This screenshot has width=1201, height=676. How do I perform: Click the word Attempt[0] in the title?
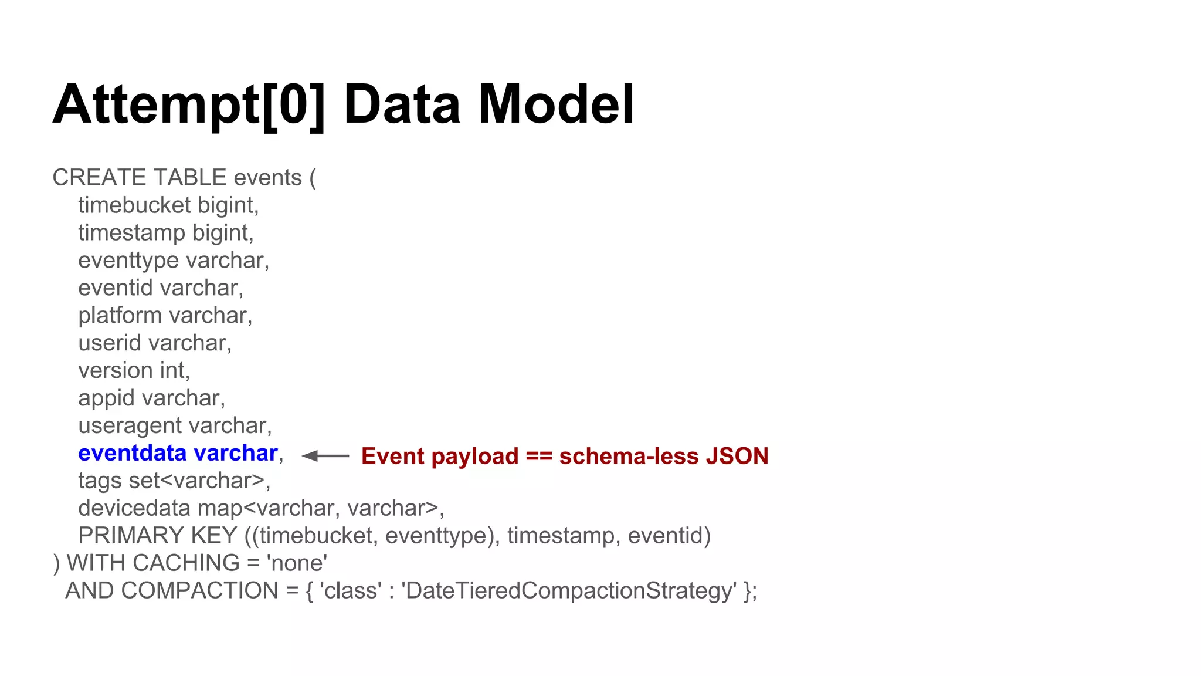[x=188, y=104]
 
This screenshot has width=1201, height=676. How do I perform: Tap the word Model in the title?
[x=556, y=104]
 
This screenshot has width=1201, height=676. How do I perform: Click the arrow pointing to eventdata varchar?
[x=325, y=456]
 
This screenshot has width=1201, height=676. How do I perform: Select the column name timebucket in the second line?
[x=134, y=205]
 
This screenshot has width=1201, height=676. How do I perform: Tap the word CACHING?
[x=186, y=563]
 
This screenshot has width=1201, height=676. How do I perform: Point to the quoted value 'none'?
[x=297, y=563]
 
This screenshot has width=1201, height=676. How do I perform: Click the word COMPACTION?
[x=199, y=591]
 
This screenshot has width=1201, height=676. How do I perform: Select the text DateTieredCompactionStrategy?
[x=568, y=591]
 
